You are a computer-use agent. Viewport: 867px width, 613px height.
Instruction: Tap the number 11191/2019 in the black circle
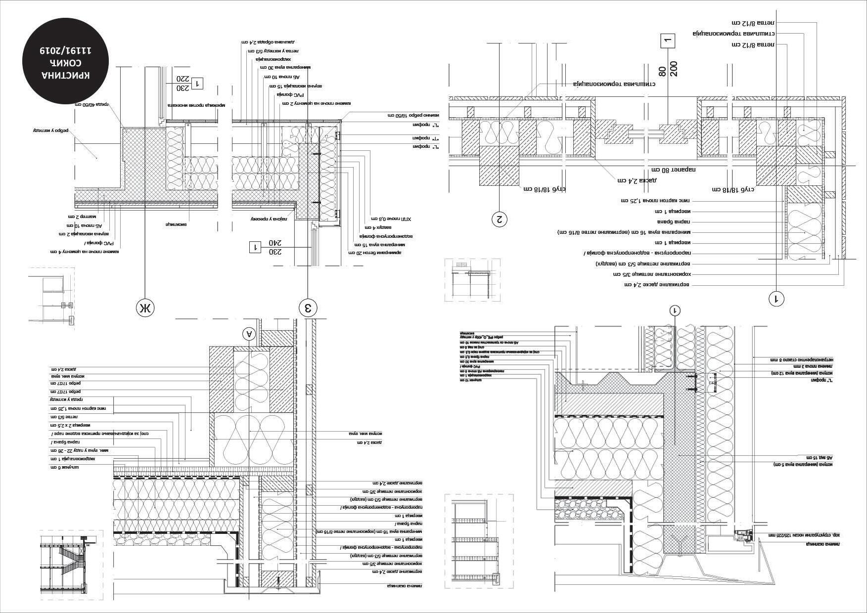click(66, 50)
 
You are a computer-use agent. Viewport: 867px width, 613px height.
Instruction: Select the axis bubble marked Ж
click(145, 308)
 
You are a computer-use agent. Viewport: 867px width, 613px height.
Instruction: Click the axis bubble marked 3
click(308, 308)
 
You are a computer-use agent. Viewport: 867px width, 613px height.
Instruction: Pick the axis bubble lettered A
click(250, 334)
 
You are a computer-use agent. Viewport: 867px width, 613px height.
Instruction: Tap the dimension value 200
click(673, 69)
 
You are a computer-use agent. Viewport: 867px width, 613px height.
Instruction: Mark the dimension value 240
click(275, 243)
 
